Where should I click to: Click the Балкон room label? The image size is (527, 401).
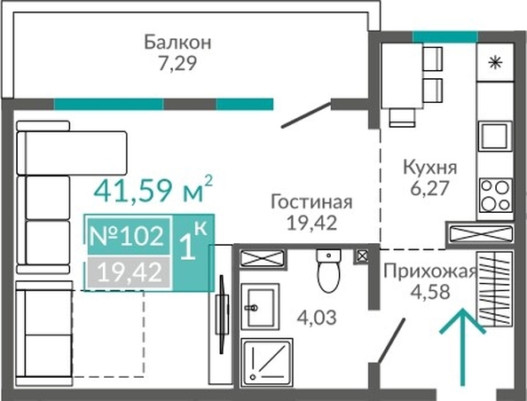coord(177,43)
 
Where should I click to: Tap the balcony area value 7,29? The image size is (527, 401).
coord(177,63)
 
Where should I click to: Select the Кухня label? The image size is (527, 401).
coord(430,167)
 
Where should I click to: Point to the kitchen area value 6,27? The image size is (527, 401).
coord(429,188)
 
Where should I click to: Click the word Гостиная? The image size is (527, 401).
coord(311,202)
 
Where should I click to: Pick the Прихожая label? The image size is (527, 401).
coord(430,271)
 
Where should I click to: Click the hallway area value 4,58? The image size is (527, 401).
coord(430,292)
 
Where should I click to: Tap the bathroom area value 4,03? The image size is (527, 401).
coord(317,318)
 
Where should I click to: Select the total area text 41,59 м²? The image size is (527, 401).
coord(153,190)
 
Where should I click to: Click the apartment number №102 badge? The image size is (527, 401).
coord(129,236)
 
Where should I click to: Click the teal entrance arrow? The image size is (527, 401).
coord(462,346)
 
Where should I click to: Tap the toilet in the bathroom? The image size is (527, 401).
coord(328,271)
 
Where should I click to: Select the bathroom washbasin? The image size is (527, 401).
coord(260,307)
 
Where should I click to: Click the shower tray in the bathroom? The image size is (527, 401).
coord(267,362)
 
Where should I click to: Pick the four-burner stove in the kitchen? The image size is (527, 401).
coord(495,196)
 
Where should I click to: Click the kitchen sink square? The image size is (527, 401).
coord(495,136)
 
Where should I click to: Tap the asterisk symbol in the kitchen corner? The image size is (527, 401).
coord(495,63)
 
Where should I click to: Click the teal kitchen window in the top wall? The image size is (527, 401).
coord(445,36)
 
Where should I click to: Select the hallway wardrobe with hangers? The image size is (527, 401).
coord(495,289)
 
